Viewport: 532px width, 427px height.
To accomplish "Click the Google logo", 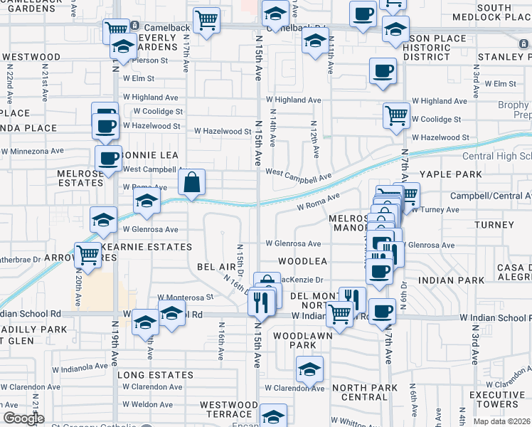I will tap(23, 418).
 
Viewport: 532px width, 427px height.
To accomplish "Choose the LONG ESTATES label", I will tap(155, 374).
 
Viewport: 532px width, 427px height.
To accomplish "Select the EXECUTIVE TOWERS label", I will tap(497, 400).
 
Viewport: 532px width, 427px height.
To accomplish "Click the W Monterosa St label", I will tap(186, 297).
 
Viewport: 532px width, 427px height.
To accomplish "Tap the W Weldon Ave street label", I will tap(147, 404).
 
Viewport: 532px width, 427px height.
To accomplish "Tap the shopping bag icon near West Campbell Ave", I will tap(191, 183).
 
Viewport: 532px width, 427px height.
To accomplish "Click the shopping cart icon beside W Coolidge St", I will tap(395, 115).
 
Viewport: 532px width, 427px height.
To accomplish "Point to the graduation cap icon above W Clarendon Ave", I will tap(309, 369).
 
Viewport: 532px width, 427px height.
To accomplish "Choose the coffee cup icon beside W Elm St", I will tap(383, 71).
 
